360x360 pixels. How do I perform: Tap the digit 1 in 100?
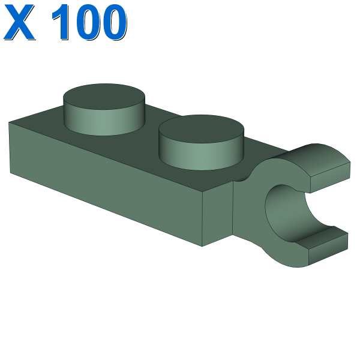pos(61,22)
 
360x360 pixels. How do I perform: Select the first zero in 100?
pos(88,22)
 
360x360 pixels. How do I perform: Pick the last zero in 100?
pos(113,22)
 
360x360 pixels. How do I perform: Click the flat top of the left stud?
pos(104,97)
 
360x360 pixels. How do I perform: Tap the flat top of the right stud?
pos(201,129)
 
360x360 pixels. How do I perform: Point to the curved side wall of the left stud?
pos(104,122)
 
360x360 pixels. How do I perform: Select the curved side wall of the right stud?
pos(201,156)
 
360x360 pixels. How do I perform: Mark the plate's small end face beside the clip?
pos(217,214)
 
